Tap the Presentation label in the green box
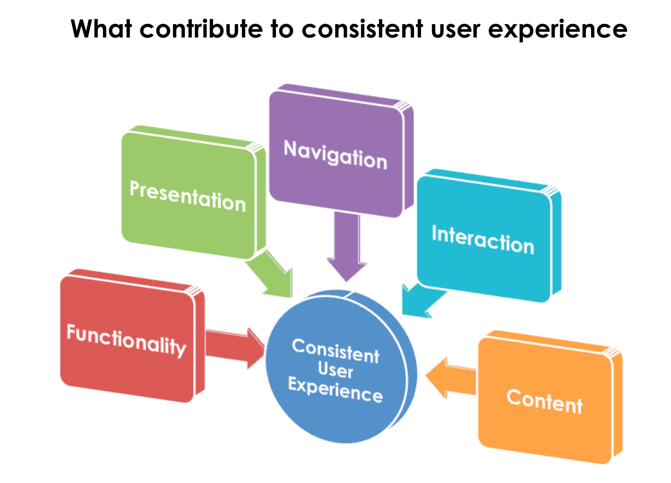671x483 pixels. pyautogui.click(x=188, y=197)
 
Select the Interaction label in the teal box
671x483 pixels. pyautogui.click(x=483, y=240)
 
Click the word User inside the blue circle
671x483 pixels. pyautogui.click(x=335, y=370)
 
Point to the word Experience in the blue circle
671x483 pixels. pyautogui.click(x=335, y=390)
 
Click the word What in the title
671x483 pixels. pyautogui.click(x=101, y=29)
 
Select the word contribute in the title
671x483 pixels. pyautogui.click(x=201, y=29)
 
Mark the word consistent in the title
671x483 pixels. pyautogui.click(x=362, y=29)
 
